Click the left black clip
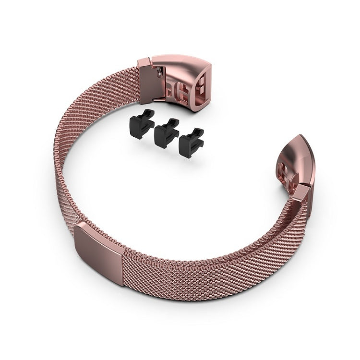(142, 124)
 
